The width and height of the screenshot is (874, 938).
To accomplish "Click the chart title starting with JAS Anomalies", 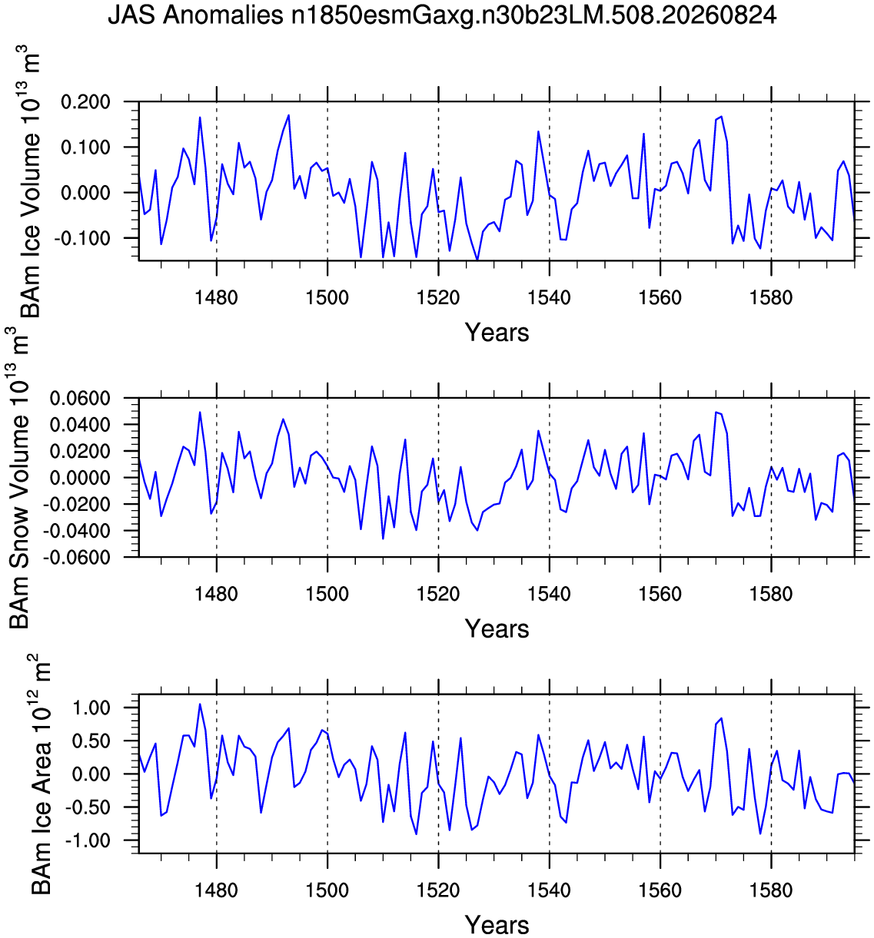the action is tap(442, 15).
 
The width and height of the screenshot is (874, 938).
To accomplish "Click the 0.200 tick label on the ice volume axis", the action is tap(85, 101).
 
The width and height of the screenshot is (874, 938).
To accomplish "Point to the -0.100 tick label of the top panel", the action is tap(82, 238).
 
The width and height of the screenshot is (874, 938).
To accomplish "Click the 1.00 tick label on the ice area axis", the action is tap(90, 708).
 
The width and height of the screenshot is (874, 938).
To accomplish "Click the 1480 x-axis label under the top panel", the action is tap(217, 297).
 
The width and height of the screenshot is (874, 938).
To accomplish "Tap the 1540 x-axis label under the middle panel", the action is tap(550, 594).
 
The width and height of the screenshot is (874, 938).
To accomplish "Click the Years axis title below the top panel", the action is tap(497, 333).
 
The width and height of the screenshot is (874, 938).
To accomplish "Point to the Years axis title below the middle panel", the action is tap(497, 628).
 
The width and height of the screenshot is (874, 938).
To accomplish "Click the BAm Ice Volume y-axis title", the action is tap(29, 181).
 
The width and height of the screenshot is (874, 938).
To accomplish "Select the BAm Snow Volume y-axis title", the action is tap(19, 478).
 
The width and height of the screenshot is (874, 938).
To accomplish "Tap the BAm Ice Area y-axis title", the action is tap(40, 774).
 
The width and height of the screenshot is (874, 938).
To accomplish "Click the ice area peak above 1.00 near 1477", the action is tap(200, 704).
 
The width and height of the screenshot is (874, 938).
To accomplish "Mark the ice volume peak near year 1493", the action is tap(288, 115).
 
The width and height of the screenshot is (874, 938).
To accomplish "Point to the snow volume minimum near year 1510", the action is tap(383, 539).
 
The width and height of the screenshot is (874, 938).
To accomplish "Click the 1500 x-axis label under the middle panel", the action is tap(327, 594).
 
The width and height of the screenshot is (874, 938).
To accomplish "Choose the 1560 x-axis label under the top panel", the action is tap(660, 297).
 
